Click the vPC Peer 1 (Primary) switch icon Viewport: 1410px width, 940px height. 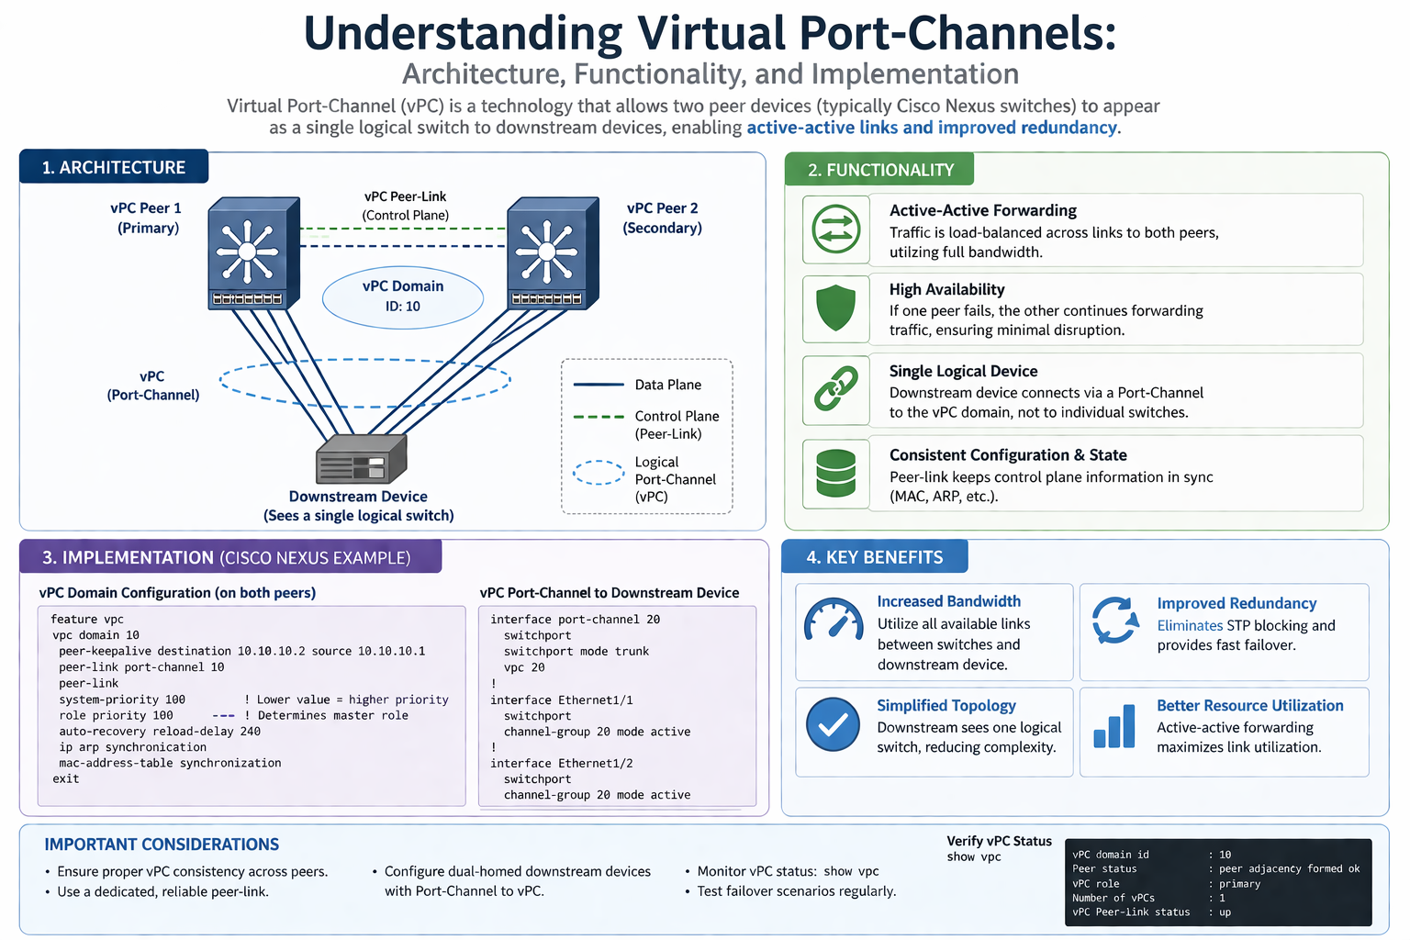coord(253,253)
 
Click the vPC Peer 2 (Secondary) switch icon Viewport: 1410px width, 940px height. coord(553,253)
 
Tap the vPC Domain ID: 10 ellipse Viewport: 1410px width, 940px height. coord(403,297)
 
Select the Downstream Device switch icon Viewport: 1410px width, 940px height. coord(361,459)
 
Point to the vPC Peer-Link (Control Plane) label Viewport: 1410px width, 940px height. coord(405,206)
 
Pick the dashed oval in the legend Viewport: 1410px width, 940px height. coord(599,473)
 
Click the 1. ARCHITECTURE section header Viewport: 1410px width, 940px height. coord(114,167)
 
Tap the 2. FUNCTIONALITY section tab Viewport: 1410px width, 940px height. coord(879,170)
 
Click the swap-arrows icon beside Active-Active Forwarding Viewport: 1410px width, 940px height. coord(836,229)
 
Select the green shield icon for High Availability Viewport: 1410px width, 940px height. coord(835,308)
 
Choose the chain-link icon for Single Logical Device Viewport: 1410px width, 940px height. coord(836,389)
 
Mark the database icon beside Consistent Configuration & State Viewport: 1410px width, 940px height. coord(835,474)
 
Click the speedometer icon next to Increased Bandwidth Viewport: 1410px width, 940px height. coord(834,621)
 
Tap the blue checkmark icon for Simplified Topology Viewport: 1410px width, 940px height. coord(833,725)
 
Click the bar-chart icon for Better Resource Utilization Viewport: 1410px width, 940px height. coord(1114,727)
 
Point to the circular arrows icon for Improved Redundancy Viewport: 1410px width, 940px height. coord(1115,621)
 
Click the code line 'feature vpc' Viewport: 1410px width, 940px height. coord(87,620)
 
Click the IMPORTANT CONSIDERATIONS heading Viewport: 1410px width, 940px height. coord(162,845)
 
